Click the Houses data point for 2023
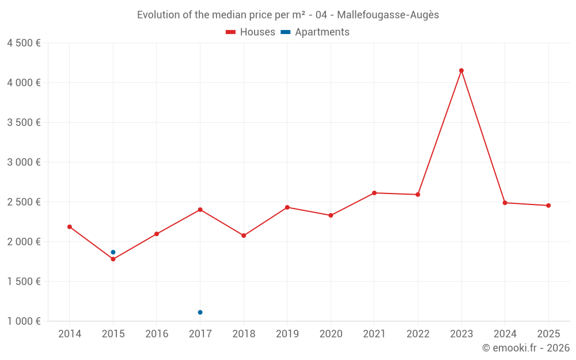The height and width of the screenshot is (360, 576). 461,71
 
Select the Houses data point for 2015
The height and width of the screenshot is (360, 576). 113,259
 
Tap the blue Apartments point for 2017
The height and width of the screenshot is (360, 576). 200,312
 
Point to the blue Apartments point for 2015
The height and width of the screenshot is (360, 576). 113,252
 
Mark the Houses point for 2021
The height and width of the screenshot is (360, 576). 374,193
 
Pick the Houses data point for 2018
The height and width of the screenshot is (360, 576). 244,236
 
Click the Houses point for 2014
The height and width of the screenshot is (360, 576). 70,227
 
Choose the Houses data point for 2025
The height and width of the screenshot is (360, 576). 548,206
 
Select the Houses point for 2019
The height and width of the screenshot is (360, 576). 287,207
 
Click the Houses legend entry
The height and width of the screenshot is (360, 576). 251,32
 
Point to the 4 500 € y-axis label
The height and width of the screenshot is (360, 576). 24,43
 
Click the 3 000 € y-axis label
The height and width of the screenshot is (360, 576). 24,162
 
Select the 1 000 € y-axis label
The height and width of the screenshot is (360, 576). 24,321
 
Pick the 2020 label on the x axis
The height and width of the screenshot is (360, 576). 331,334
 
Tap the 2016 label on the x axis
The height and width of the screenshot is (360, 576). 157,334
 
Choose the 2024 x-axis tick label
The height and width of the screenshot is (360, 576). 505,334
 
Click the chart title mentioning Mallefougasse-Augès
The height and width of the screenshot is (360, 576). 288,15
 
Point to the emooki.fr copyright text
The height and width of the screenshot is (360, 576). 526,348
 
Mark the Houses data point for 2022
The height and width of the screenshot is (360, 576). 418,195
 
